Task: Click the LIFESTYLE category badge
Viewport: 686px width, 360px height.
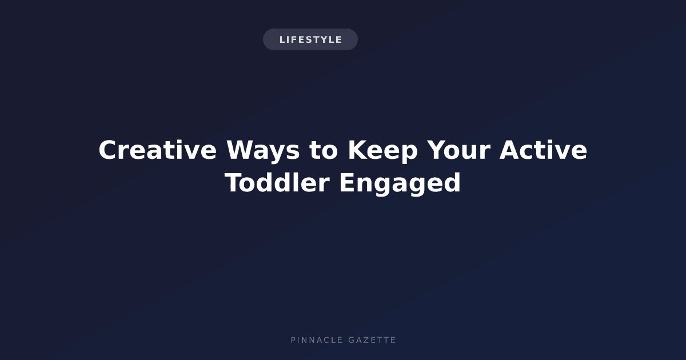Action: click(x=310, y=39)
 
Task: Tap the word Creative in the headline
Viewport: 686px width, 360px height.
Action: click(x=158, y=150)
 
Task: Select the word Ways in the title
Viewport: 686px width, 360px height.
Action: click(x=263, y=151)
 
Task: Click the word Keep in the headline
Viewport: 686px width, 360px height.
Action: click(x=383, y=151)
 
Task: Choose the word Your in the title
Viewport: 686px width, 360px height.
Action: click(x=458, y=150)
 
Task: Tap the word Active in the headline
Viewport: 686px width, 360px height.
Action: click(x=543, y=150)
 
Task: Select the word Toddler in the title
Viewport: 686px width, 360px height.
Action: click(x=277, y=182)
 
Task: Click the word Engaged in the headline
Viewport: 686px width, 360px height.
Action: click(x=400, y=183)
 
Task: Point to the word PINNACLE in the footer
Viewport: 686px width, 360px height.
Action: click(x=317, y=340)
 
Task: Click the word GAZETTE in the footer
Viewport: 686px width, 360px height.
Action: click(x=372, y=340)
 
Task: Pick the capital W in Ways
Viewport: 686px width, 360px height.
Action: click(x=241, y=150)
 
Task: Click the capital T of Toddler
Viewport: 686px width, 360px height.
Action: click(x=233, y=182)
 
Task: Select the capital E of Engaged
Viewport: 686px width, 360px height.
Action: click(x=346, y=182)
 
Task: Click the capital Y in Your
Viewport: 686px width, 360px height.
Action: click(x=437, y=150)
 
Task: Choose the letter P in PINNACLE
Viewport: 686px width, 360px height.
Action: click(x=293, y=340)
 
